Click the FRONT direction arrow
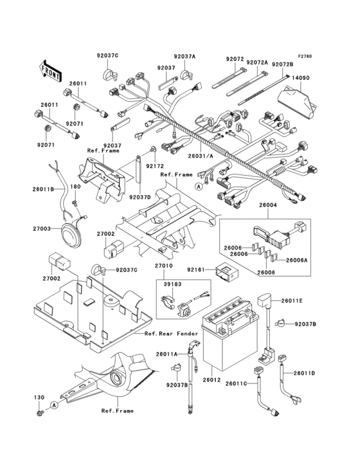point(51,70)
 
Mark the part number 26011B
point(44,189)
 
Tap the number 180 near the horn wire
point(76,187)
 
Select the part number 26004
point(268,205)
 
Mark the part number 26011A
point(165,354)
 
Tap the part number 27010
point(163,264)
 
